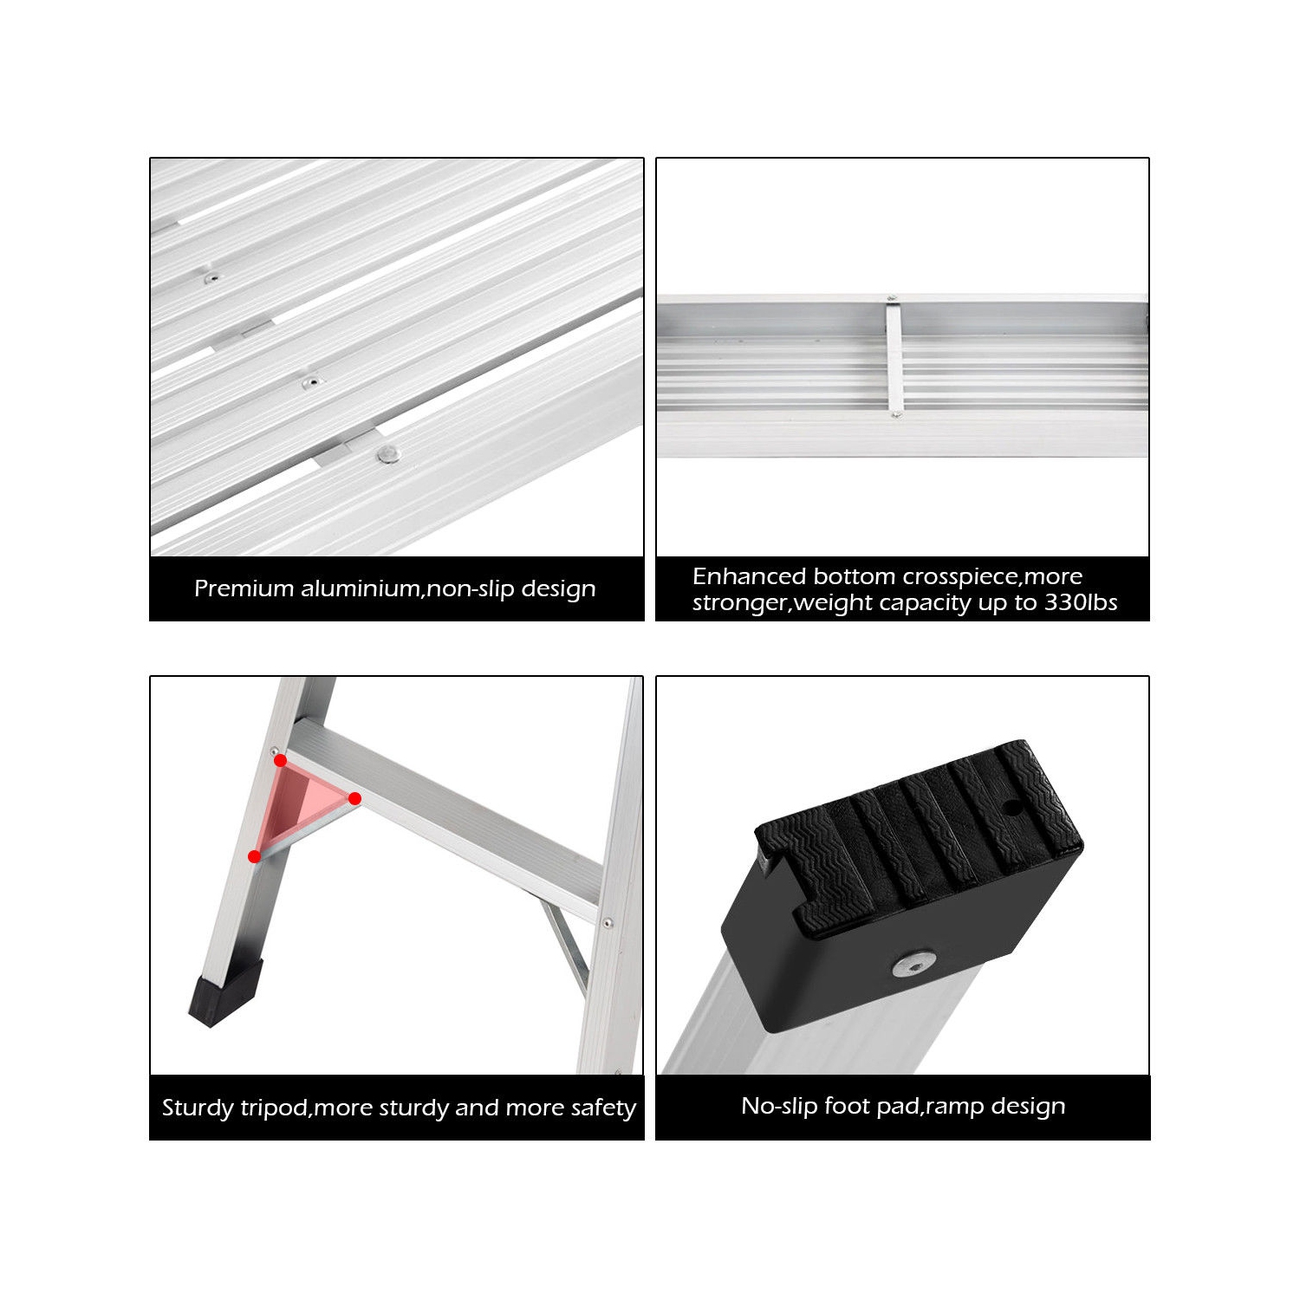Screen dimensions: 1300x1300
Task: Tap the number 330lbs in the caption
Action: [1081, 602]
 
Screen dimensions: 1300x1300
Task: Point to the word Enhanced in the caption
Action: [750, 576]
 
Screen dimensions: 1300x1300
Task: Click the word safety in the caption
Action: [603, 1108]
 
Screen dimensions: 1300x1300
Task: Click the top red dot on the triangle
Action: [280, 760]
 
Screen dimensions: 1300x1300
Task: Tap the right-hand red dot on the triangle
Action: [354, 798]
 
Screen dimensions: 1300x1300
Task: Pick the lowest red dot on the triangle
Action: [254, 856]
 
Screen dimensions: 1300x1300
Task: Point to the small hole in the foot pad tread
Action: [1011, 808]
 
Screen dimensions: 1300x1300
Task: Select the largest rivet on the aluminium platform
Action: [387, 453]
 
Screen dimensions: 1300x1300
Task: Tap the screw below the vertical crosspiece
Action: [896, 416]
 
